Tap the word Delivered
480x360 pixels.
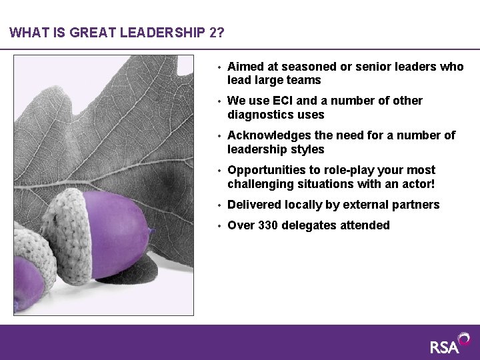click(254, 205)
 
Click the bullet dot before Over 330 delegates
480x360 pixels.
click(218, 226)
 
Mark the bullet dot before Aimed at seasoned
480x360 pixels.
click(218, 67)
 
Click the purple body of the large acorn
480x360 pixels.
click(117, 227)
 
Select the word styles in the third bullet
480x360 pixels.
click(308, 149)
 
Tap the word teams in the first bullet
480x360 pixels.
click(305, 80)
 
